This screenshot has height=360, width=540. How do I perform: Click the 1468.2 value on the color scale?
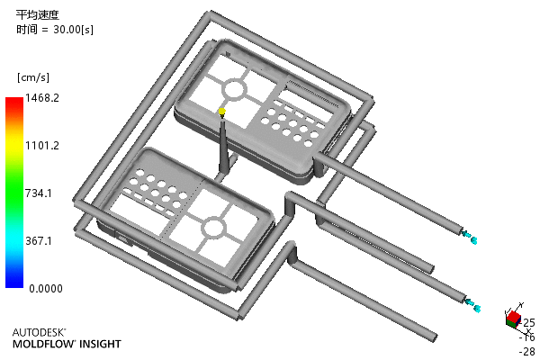[x=42, y=98]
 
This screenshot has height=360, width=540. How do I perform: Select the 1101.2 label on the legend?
[x=42, y=146]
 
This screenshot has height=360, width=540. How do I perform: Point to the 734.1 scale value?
[x=39, y=193]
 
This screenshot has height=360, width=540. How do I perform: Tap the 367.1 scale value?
[x=39, y=240]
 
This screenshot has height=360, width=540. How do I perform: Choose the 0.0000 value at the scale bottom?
[x=46, y=288]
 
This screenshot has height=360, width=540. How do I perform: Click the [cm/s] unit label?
[x=33, y=77]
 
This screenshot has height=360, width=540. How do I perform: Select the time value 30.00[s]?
[x=73, y=30]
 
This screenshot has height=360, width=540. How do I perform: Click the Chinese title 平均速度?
[x=38, y=14]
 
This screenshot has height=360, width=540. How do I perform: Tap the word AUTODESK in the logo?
[x=39, y=332]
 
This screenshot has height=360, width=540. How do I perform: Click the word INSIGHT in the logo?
[x=101, y=344]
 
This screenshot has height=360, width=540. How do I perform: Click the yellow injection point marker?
[x=222, y=111]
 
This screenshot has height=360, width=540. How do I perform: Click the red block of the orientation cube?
[x=514, y=316]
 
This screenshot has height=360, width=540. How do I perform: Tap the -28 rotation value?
[x=527, y=351]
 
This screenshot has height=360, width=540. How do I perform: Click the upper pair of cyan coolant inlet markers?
[x=470, y=237]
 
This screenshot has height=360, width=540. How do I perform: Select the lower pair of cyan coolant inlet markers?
[x=472, y=305]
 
